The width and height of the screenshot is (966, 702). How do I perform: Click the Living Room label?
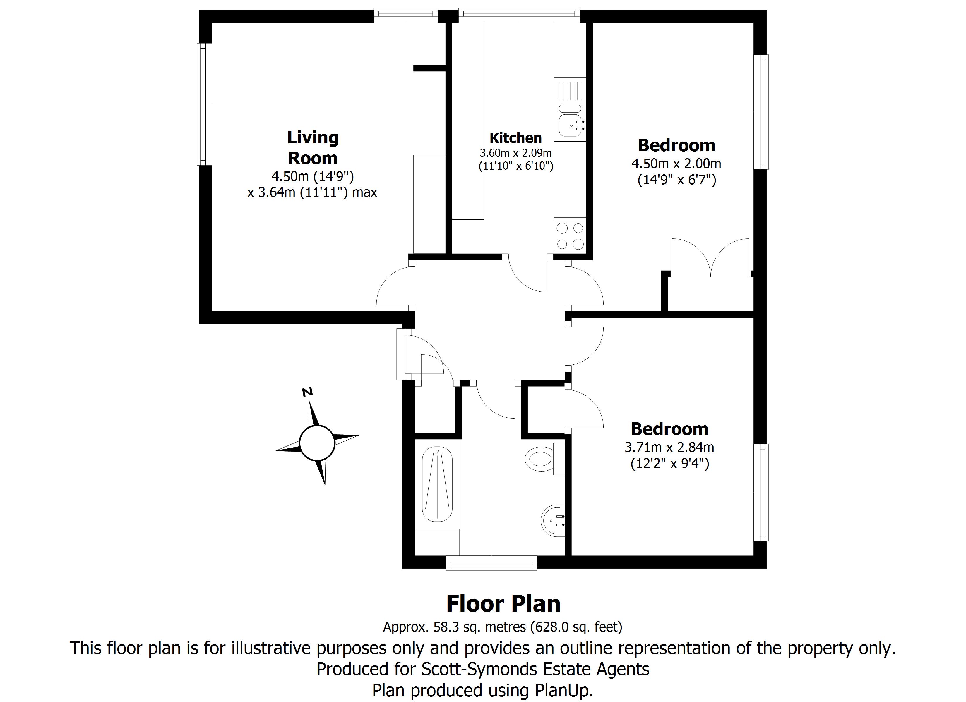313,148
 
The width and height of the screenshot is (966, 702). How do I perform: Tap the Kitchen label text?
515,138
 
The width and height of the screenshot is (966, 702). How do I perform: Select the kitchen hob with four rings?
570,236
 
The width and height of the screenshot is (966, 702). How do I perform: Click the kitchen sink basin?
570,125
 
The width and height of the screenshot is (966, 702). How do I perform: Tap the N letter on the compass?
307,392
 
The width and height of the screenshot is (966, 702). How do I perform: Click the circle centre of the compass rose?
317,443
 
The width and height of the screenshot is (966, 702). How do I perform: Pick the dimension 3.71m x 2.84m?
669,448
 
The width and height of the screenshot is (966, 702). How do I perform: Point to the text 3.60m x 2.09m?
515,153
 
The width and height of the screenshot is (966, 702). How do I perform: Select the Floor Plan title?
503,604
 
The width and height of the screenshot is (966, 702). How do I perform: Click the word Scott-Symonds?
479,669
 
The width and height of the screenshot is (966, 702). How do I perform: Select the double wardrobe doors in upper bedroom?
710,258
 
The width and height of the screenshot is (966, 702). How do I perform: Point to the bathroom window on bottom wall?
491,565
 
